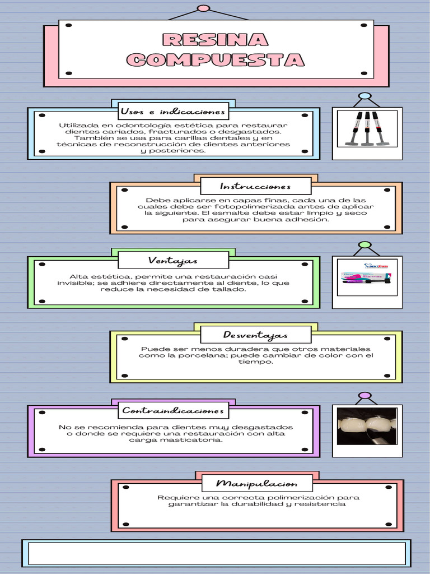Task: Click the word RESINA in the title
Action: coord(215,40)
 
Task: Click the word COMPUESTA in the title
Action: coord(216,59)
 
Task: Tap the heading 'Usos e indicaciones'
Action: coord(172,112)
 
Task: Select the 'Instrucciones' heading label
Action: coord(255,186)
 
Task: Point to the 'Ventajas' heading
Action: coord(173,261)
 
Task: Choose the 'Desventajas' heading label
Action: coord(255,335)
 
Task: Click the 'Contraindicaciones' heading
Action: coord(173,411)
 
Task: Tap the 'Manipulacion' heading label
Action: coord(256,484)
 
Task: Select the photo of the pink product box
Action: coord(367,277)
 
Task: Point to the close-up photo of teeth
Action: coord(367,426)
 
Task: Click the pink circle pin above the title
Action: coord(204,8)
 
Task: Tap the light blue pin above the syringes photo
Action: coord(364,96)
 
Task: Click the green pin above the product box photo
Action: coord(364,245)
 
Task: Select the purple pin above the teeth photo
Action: coord(364,395)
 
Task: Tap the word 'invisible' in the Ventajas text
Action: coord(75,283)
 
